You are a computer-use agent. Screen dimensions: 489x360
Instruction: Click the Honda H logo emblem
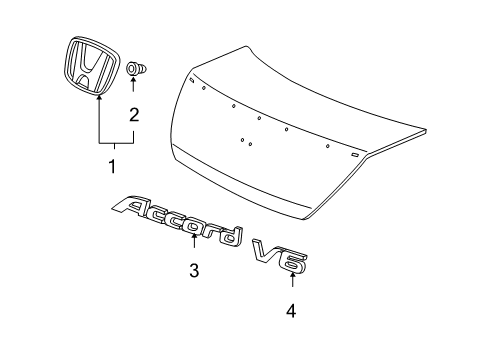click(91, 66)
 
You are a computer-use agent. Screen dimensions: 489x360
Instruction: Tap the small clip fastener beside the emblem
click(136, 69)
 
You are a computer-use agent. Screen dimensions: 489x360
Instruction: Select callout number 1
click(113, 166)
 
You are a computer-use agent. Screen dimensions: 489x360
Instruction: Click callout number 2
click(134, 115)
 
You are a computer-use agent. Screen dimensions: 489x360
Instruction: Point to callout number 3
click(194, 270)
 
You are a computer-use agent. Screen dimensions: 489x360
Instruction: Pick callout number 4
click(291, 311)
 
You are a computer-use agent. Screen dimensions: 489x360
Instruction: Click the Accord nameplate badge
click(177, 221)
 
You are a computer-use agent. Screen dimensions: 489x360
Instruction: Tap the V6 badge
click(280, 256)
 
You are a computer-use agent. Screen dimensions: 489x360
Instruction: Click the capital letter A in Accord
click(131, 207)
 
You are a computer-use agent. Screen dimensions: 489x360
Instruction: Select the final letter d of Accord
click(231, 236)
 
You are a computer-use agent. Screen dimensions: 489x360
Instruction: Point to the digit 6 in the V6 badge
click(293, 263)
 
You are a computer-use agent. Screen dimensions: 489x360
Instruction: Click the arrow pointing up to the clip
click(133, 84)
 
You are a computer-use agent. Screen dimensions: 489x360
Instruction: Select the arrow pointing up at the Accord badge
click(194, 241)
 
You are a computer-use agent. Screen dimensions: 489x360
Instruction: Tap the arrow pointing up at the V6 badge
click(292, 279)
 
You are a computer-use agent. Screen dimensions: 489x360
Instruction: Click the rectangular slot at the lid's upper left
click(192, 80)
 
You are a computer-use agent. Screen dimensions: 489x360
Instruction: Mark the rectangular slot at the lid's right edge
click(355, 154)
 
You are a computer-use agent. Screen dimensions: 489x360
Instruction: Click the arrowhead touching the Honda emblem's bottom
click(99, 97)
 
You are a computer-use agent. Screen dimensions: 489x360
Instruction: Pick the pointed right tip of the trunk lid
click(426, 130)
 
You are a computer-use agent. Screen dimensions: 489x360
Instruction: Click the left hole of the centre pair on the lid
click(242, 140)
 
